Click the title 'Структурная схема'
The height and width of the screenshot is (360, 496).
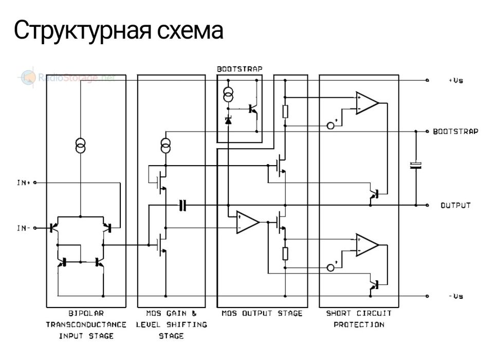point(119,30)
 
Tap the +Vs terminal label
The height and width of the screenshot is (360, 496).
point(455,81)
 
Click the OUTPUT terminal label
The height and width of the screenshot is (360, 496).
point(455,205)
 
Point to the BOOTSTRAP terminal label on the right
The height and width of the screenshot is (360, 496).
point(455,132)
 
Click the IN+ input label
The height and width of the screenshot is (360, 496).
point(24,183)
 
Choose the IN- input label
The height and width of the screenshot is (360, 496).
point(24,227)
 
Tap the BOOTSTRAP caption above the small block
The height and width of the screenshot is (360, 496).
point(239,68)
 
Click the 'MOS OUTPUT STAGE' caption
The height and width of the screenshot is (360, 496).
point(262,313)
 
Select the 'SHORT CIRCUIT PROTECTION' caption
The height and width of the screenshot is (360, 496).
point(359,319)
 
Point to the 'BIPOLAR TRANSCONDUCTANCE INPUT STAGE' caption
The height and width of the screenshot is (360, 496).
point(86,325)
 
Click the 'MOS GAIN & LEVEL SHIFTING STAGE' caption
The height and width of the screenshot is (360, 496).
point(171,325)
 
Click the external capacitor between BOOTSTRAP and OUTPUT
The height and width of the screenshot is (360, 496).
point(415,165)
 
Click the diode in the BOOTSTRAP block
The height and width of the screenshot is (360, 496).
point(229,121)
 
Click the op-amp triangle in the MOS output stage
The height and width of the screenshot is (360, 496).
point(247,222)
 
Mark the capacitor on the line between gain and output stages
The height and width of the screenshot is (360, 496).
point(182,206)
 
